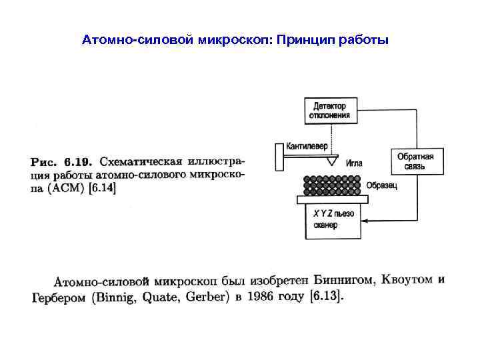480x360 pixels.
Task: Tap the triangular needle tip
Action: click(x=331, y=161)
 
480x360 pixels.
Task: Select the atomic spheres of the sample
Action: click(x=332, y=185)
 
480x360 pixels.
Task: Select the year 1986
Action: click(x=258, y=297)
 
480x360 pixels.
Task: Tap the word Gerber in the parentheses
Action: click(x=207, y=297)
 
